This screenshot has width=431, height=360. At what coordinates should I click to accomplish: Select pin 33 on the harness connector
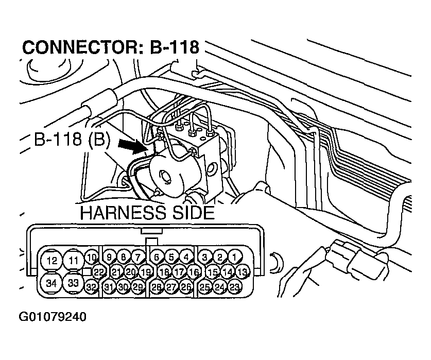74,283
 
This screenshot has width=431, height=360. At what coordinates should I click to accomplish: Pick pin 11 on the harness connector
74,260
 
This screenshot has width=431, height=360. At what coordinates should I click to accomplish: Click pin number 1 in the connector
235,256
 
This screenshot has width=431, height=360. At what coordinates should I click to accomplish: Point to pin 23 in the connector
235,287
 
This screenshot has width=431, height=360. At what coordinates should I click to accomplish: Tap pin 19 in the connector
146,271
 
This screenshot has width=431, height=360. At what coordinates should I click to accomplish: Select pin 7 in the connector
137,256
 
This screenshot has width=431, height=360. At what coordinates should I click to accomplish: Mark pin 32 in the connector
92,287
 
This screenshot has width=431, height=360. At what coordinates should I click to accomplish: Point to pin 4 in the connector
186,256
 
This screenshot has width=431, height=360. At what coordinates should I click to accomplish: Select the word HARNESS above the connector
116,212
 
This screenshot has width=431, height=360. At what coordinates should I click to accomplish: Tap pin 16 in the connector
194,271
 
